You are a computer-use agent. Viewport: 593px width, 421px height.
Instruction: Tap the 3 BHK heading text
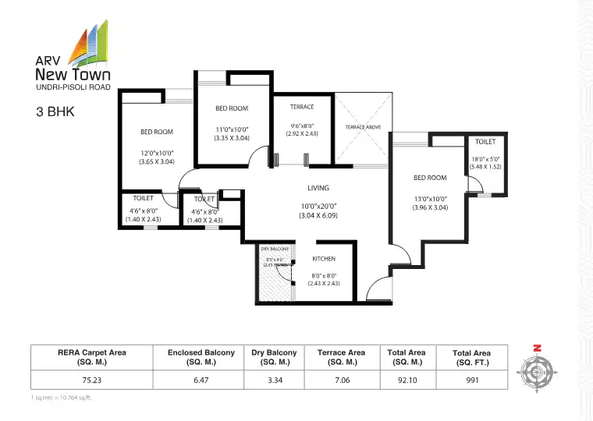[54, 111]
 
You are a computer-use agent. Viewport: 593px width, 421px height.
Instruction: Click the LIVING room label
[318, 188]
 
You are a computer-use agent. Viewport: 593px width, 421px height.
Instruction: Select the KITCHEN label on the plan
[324, 259]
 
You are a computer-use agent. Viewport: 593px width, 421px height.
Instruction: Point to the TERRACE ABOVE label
[363, 126]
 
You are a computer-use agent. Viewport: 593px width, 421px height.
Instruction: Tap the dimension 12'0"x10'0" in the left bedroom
[157, 153]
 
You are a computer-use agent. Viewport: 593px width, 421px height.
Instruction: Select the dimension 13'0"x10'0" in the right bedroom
[430, 199]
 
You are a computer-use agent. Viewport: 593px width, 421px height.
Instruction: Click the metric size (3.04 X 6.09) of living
[318, 216]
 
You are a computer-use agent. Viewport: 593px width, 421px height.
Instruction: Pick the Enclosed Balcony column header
[201, 357]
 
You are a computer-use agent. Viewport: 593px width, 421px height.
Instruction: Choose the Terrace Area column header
[341, 357]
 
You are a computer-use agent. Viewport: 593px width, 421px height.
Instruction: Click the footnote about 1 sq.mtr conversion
[55, 398]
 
